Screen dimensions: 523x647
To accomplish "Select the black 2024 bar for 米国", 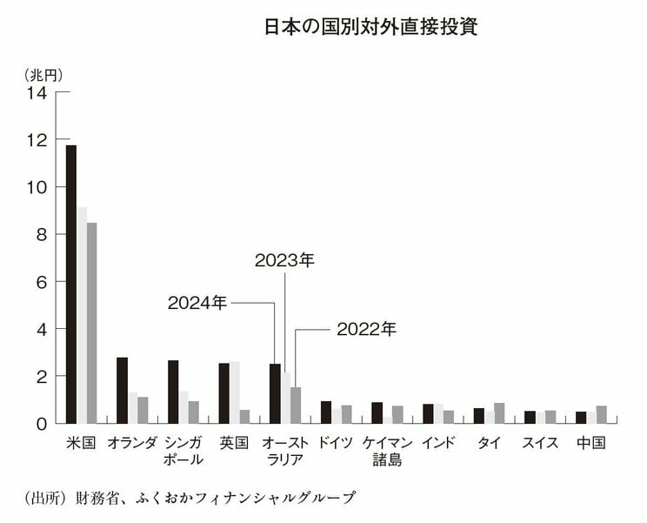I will click(x=71, y=284).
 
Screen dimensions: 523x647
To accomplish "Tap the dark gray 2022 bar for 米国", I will click(x=91, y=323).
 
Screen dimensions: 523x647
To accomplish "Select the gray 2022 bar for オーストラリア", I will click(x=296, y=405).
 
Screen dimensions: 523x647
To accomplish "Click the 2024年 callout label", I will click(x=197, y=303).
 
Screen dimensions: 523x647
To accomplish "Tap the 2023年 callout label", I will click(x=283, y=259).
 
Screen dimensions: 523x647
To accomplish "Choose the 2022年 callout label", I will click(x=366, y=329).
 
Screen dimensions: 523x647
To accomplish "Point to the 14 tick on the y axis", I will click(x=36, y=92).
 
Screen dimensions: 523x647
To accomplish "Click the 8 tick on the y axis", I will click(x=40, y=234).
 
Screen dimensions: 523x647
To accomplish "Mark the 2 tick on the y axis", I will click(x=40, y=376).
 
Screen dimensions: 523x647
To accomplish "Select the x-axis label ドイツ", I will click(x=336, y=442).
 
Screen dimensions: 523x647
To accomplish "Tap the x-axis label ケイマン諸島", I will click(x=387, y=451).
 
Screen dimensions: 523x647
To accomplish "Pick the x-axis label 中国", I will click(x=591, y=442).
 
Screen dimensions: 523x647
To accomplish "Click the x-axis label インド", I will click(x=437, y=442).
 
